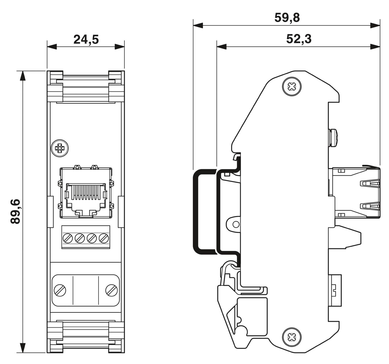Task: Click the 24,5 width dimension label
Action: click(86, 40)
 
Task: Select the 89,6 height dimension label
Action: click(16, 212)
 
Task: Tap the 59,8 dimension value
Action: click(287, 18)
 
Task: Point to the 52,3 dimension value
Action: click(299, 39)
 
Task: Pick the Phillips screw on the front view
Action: click(60, 148)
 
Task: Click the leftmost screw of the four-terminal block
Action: click(68, 238)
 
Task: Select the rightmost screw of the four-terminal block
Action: click(104, 238)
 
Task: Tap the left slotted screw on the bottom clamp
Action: click(60, 290)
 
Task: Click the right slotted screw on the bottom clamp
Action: click(112, 290)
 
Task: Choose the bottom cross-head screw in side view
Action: click(292, 337)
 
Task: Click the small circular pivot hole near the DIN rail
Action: click(236, 224)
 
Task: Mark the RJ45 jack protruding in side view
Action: click(357, 192)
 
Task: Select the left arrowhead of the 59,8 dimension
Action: click(198, 25)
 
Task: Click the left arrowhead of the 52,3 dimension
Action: click(221, 47)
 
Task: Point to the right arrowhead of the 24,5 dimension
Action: click(120, 47)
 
